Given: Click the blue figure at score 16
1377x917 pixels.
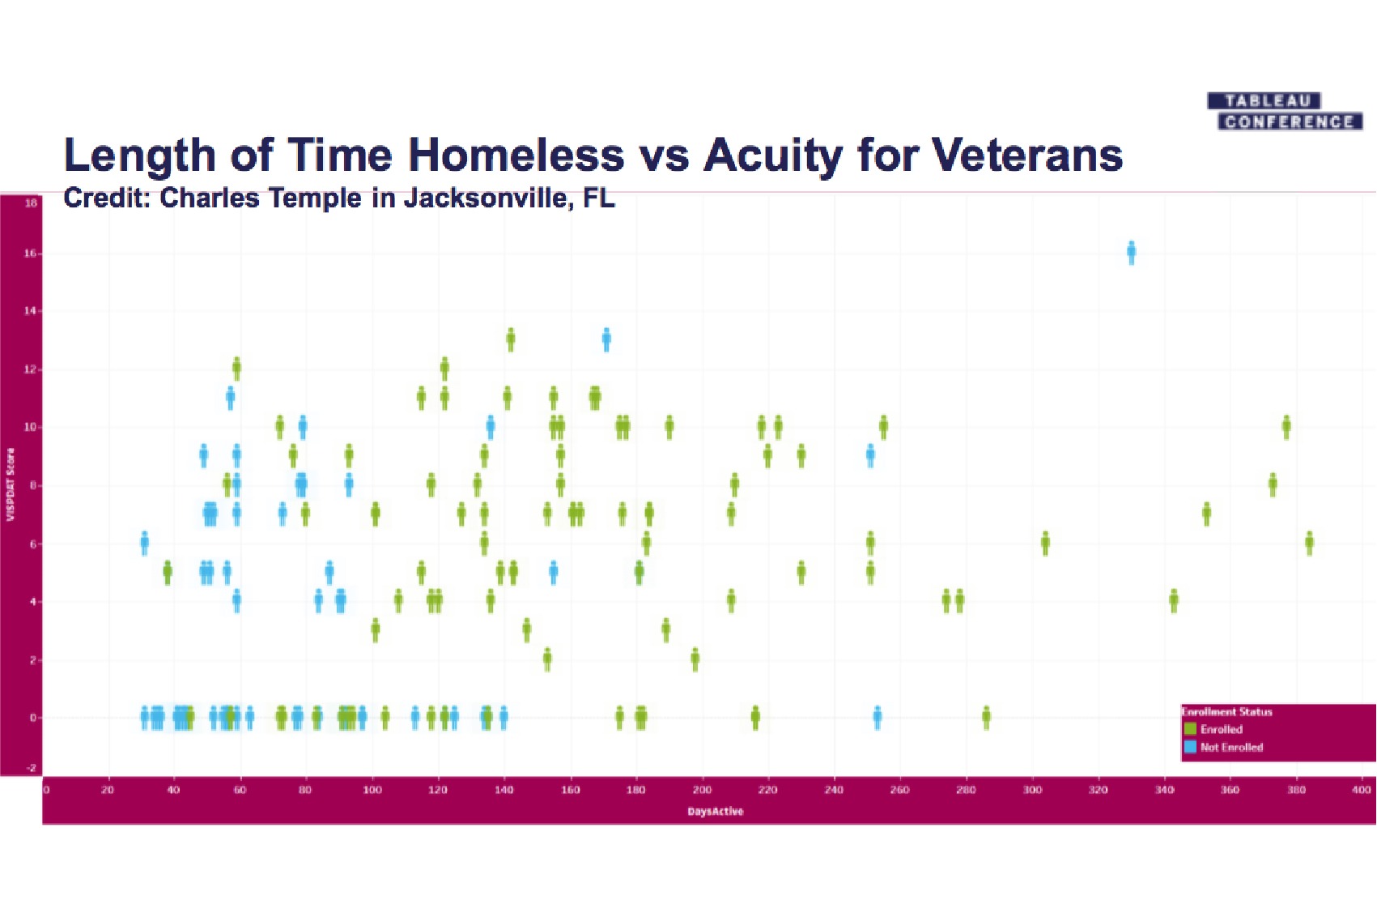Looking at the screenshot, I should [x=1131, y=253].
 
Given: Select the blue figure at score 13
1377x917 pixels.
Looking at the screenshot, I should [x=606, y=339].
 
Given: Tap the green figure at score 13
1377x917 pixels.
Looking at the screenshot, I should [x=511, y=339].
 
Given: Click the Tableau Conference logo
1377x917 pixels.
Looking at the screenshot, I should [x=1284, y=112].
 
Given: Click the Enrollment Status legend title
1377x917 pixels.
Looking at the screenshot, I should [x=1227, y=712].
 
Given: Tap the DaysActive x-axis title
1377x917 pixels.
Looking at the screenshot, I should [x=715, y=811].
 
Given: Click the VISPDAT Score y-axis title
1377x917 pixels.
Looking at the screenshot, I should [x=11, y=484].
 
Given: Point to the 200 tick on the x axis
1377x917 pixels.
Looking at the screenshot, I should [x=702, y=790].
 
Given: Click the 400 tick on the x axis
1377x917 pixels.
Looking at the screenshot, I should [x=1362, y=790].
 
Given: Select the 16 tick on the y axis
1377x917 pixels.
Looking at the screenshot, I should [x=30, y=254].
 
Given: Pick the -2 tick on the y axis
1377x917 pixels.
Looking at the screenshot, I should [x=31, y=768].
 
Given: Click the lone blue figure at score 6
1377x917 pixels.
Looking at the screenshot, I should [x=145, y=543].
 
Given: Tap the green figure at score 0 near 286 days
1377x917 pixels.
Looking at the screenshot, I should [x=986, y=717].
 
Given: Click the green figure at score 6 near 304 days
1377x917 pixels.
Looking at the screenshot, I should [x=1045, y=543].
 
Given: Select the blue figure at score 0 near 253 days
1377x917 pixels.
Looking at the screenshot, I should [x=878, y=717].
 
